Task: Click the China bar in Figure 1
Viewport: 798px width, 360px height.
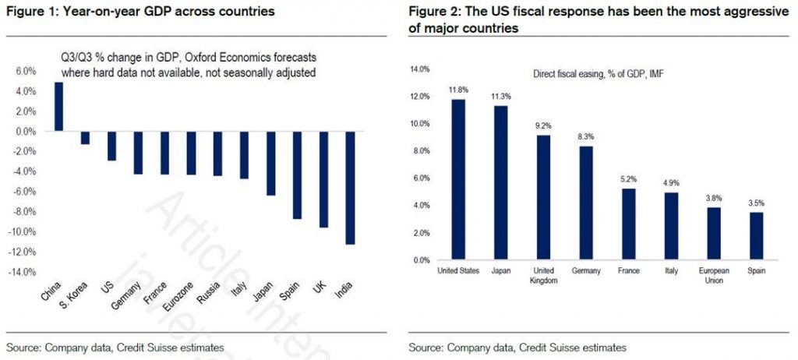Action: coord(58,107)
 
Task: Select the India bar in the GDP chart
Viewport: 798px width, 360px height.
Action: coord(351,188)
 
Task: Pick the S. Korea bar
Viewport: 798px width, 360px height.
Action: coord(85,138)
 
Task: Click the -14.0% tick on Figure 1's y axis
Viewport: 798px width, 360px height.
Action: coord(23,272)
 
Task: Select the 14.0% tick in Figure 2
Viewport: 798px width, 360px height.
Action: coord(419,69)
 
